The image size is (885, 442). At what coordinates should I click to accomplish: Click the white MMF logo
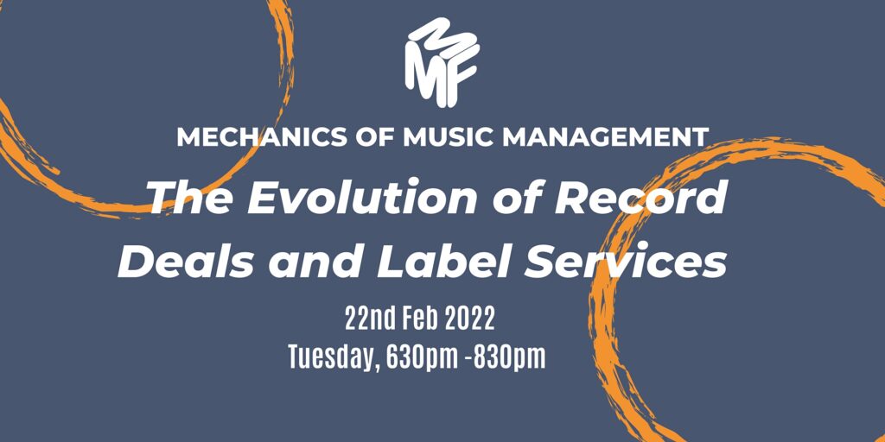pos(442,62)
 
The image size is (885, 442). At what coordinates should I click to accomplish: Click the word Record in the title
pos(639,198)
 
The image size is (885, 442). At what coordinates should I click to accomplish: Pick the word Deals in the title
pos(187,262)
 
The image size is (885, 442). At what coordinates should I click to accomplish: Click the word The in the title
pos(192,198)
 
